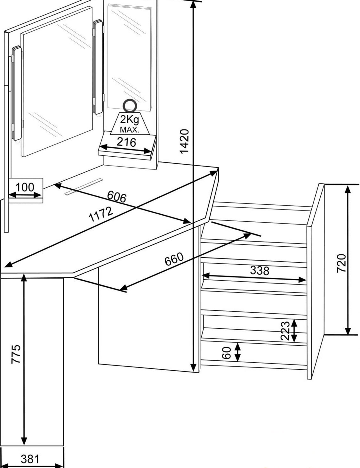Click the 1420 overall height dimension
(x=185, y=141)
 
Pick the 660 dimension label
(x=174, y=259)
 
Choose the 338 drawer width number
(x=260, y=270)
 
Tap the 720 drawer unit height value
(x=341, y=263)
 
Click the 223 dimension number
(x=285, y=331)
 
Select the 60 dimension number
(x=226, y=353)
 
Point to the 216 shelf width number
(x=126, y=142)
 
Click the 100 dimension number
(x=25, y=187)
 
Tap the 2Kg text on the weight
(x=129, y=120)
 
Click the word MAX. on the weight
(x=130, y=130)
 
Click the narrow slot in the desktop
(x=84, y=186)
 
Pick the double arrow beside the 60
(x=237, y=352)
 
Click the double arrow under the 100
(x=25, y=195)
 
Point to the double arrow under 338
(x=254, y=278)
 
